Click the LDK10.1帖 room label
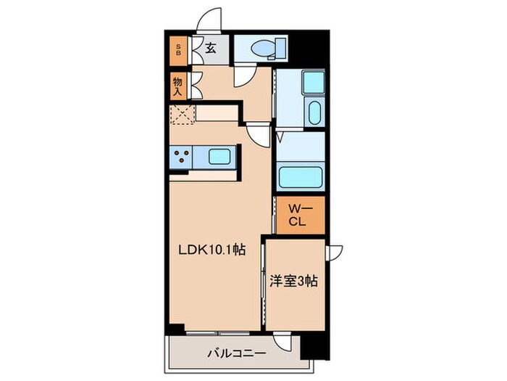pos(211,250)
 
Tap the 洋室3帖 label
pos(295,279)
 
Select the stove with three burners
pos(180,155)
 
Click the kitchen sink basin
pos(219,155)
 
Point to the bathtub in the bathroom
pos(299,177)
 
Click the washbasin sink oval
pos(315,113)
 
